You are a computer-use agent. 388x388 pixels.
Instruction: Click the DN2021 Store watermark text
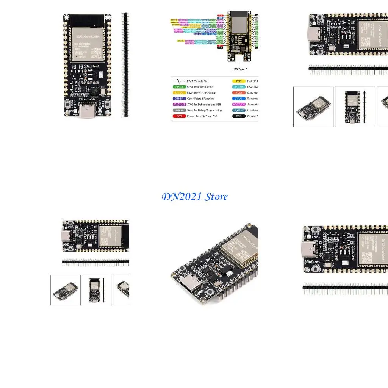click(195, 197)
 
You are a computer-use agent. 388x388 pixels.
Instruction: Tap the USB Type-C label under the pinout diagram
click(239, 69)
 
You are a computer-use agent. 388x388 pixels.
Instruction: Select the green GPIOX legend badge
click(179, 87)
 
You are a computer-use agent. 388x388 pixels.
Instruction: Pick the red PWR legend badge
click(179, 116)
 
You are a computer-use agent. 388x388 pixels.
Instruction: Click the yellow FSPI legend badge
click(239, 81)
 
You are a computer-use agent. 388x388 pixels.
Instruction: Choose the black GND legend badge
click(239, 116)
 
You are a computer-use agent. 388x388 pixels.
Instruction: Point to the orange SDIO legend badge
click(239, 93)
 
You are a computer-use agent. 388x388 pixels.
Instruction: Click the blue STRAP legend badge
click(239, 99)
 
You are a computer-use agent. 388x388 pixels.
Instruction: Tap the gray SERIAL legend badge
click(179, 110)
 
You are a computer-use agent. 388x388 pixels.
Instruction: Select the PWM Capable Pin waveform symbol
click(179, 81)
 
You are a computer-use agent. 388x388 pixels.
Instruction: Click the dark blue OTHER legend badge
click(179, 99)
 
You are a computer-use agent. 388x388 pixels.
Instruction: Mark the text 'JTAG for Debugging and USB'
click(204, 105)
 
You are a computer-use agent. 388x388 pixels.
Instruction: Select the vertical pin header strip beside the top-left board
click(125, 64)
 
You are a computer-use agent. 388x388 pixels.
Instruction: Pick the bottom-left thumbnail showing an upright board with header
click(97, 290)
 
